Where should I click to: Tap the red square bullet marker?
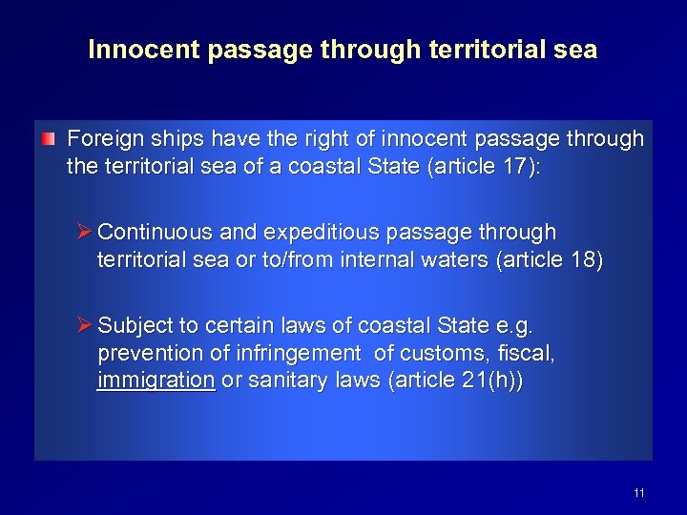[x=49, y=139]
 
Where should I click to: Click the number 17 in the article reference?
[x=511, y=167]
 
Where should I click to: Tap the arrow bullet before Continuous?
[x=84, y=232]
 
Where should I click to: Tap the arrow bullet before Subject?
[x=84, y=325]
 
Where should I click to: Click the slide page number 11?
[x=638, y=493]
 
